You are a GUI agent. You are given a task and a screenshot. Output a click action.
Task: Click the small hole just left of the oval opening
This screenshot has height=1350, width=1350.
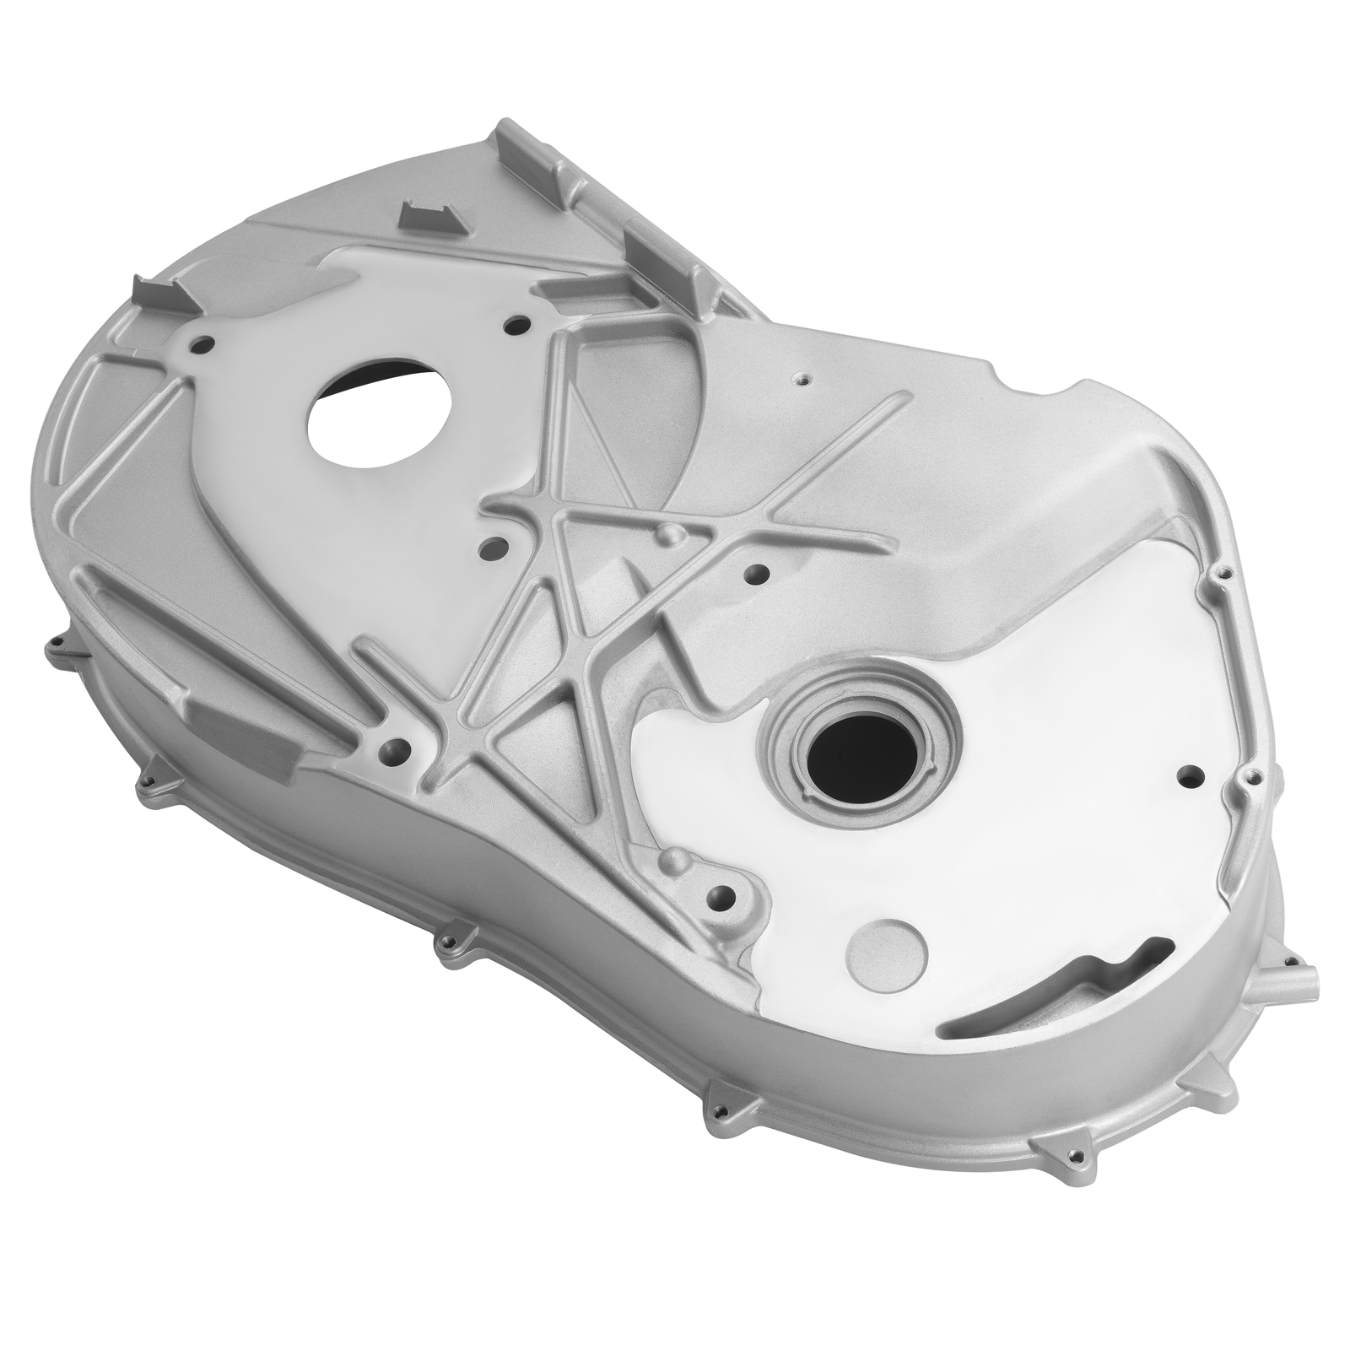(x=203, y=344)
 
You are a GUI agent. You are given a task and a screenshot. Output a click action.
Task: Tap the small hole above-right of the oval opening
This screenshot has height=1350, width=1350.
(x=516, y=323)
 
